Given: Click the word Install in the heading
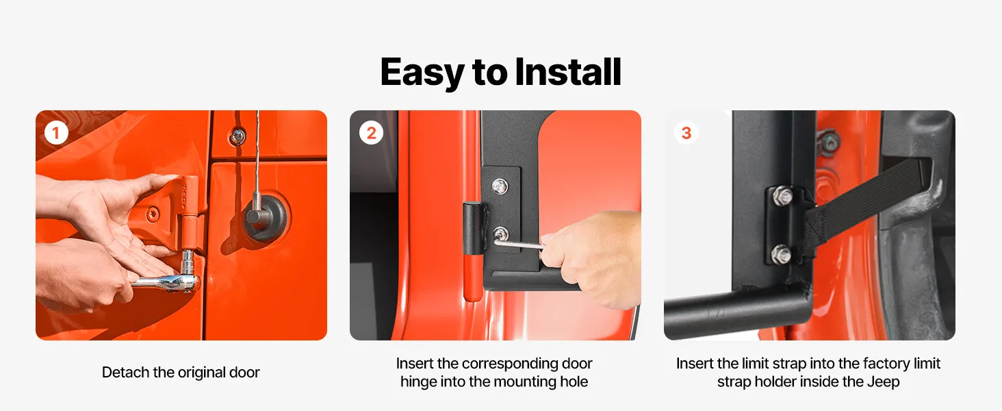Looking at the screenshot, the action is click(568, 72).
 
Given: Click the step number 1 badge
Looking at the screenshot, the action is click(56, 133).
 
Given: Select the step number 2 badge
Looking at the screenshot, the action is click(371, 133).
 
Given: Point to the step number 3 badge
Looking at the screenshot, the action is click(686, 133).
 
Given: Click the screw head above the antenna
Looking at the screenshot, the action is click(237, 136).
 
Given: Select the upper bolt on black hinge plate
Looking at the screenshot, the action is click(500, 186).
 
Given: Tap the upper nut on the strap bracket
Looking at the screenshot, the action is click(782, 197).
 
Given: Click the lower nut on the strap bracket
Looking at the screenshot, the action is click(782, 255).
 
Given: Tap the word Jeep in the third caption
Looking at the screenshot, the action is click(883, 382).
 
